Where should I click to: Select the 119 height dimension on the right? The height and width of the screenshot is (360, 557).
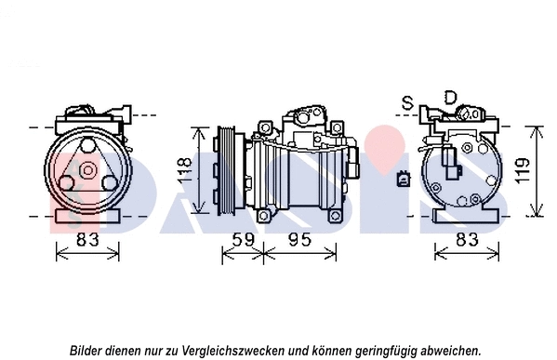[527, 171]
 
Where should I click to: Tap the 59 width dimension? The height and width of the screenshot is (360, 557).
[242, 240]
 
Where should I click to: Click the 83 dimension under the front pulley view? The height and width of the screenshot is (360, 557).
[86, 240]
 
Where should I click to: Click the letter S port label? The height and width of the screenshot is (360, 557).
[406, 100]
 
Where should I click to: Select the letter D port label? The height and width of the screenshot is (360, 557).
[449, 97]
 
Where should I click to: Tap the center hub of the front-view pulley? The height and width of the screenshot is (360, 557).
[86, 170]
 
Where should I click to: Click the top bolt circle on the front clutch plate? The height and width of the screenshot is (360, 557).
[87, 147]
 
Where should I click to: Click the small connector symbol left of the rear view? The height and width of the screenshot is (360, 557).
[402, 179]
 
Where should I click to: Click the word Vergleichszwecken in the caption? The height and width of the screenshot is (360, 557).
[244, 350]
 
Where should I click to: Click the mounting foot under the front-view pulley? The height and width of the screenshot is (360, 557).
[86, 216]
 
